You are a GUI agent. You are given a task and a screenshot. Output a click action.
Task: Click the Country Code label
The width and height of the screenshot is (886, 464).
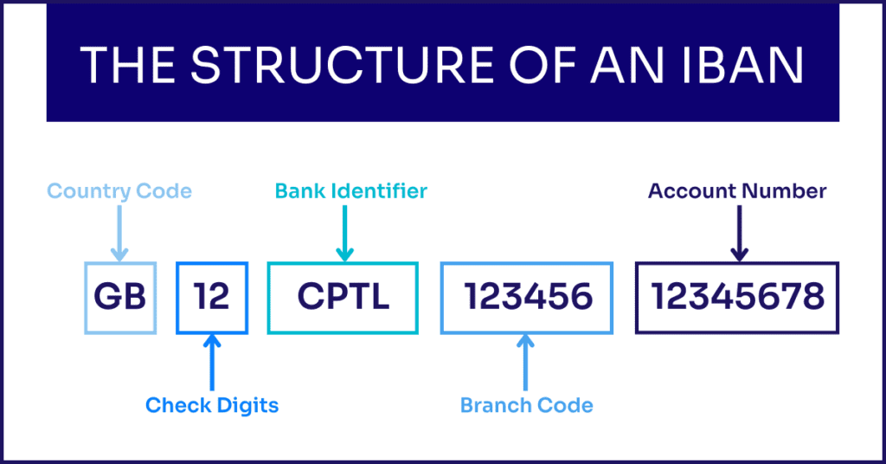[119, 191]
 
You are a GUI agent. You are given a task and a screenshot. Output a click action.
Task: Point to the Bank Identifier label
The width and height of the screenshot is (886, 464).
[351, 191]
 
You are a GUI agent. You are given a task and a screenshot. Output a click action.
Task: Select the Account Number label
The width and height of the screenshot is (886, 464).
[737, 191]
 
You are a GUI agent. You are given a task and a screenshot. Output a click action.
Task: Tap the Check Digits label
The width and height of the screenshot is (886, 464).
[212, 405]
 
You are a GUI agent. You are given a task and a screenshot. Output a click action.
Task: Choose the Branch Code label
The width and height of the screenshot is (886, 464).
[526, 405]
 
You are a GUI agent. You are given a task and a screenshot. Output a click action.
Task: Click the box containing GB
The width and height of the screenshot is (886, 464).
[120, 298]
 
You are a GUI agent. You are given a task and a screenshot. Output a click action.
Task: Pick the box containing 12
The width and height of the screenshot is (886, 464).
[212, 298]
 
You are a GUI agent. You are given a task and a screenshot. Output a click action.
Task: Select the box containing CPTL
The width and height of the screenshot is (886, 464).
[343, 298]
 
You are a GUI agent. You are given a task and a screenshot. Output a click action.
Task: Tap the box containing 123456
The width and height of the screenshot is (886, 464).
[528, 298]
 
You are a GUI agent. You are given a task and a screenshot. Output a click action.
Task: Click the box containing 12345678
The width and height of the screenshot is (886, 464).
[737, 298]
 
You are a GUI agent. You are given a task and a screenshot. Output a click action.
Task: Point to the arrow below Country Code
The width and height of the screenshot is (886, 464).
[119, 233]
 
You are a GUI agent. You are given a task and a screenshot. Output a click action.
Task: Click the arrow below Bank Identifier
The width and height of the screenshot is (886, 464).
[344, 233]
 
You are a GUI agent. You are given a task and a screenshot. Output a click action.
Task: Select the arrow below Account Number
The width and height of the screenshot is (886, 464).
[738, 233]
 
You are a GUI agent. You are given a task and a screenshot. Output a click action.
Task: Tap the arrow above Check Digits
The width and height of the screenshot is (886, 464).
[212, 363]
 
